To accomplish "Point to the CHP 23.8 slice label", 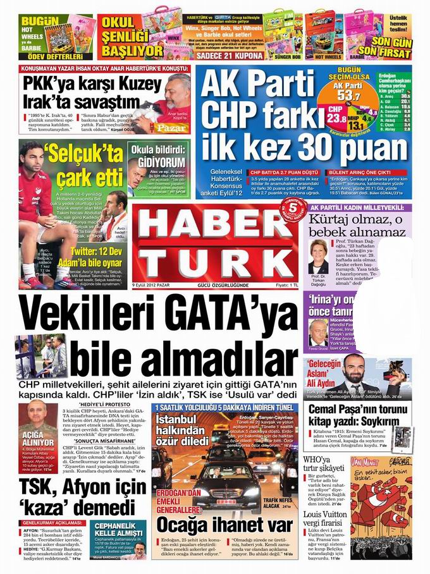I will coord(336,114).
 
